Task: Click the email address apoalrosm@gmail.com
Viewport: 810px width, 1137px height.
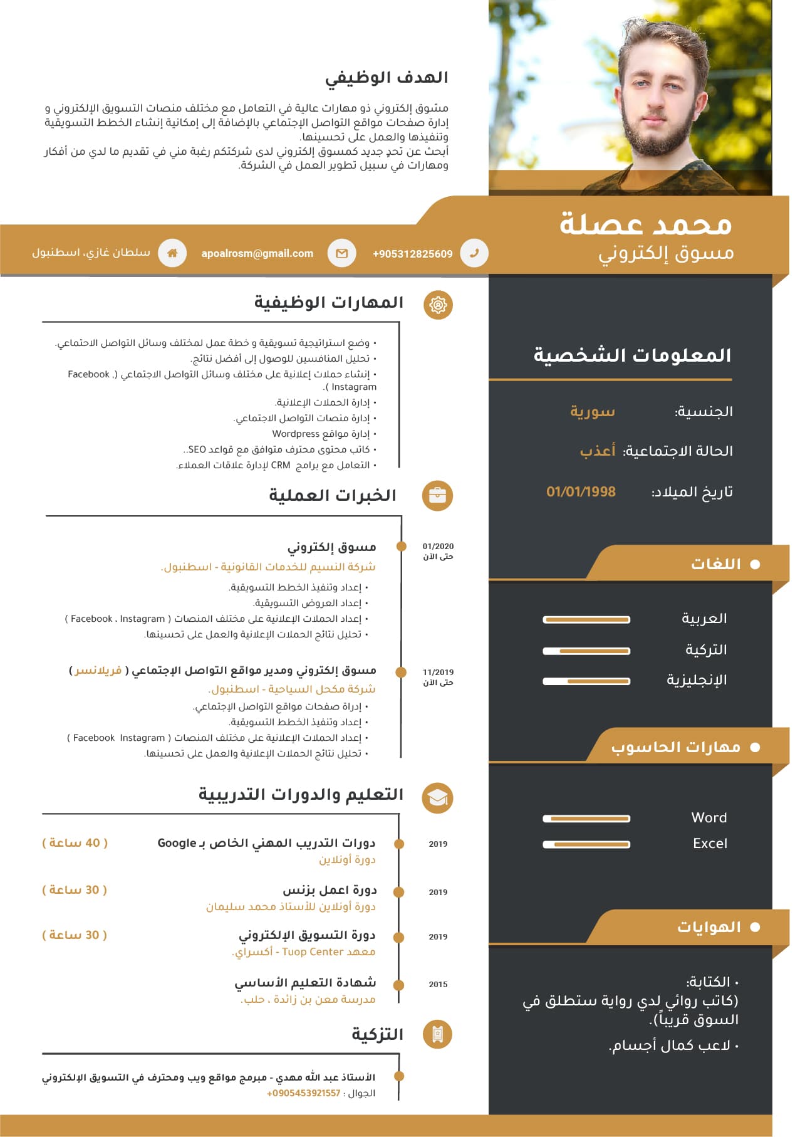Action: point(257,253)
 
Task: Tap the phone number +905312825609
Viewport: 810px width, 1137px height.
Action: point(412,254)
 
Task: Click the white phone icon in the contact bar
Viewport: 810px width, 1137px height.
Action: point(474,253)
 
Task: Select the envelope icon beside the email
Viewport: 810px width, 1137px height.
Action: point(341,253)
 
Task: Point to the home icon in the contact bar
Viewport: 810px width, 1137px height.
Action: point(172,253)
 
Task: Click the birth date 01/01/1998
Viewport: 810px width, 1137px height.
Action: point(581,492)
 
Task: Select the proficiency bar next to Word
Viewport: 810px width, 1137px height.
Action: point(586,819)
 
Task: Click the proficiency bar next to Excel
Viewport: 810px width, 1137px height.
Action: point(586,844)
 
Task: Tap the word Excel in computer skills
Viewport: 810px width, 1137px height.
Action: point(710,844)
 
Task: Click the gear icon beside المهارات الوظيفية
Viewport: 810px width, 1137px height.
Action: point(438,305)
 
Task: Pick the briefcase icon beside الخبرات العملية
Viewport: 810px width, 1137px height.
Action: point(437,496)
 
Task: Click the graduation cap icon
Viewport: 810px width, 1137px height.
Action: point(437,798)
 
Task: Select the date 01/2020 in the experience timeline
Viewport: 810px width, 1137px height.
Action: point(438,547)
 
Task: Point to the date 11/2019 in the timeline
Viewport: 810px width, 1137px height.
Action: point(438,672)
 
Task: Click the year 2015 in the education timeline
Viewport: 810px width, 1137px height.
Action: point(438,984)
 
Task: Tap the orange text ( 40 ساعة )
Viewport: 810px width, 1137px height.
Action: point(75,843)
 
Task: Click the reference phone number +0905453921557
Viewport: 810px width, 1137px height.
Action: point(304,1093)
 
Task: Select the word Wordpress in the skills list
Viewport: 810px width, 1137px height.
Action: point(296,434)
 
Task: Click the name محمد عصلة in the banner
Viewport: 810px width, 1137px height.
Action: point(645,224)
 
